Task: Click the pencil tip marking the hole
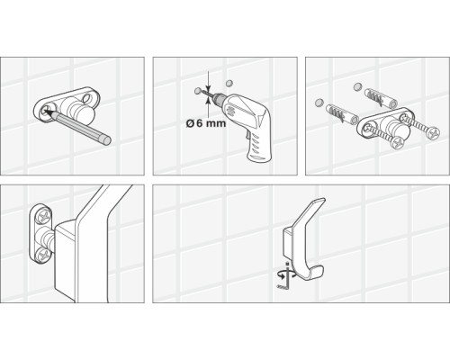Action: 46,112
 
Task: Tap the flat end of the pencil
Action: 107,140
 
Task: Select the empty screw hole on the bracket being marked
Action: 88,97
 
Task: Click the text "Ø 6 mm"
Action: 206,123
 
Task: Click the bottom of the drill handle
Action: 259,157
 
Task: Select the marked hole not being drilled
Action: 229,83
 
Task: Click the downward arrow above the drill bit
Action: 208,80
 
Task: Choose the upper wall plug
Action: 381,98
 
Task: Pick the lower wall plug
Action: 342,113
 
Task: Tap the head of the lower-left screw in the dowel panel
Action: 399,143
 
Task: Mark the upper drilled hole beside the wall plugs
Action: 357,86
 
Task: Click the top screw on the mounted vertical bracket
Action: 43,216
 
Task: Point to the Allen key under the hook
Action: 285,279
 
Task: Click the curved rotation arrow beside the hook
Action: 286,274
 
